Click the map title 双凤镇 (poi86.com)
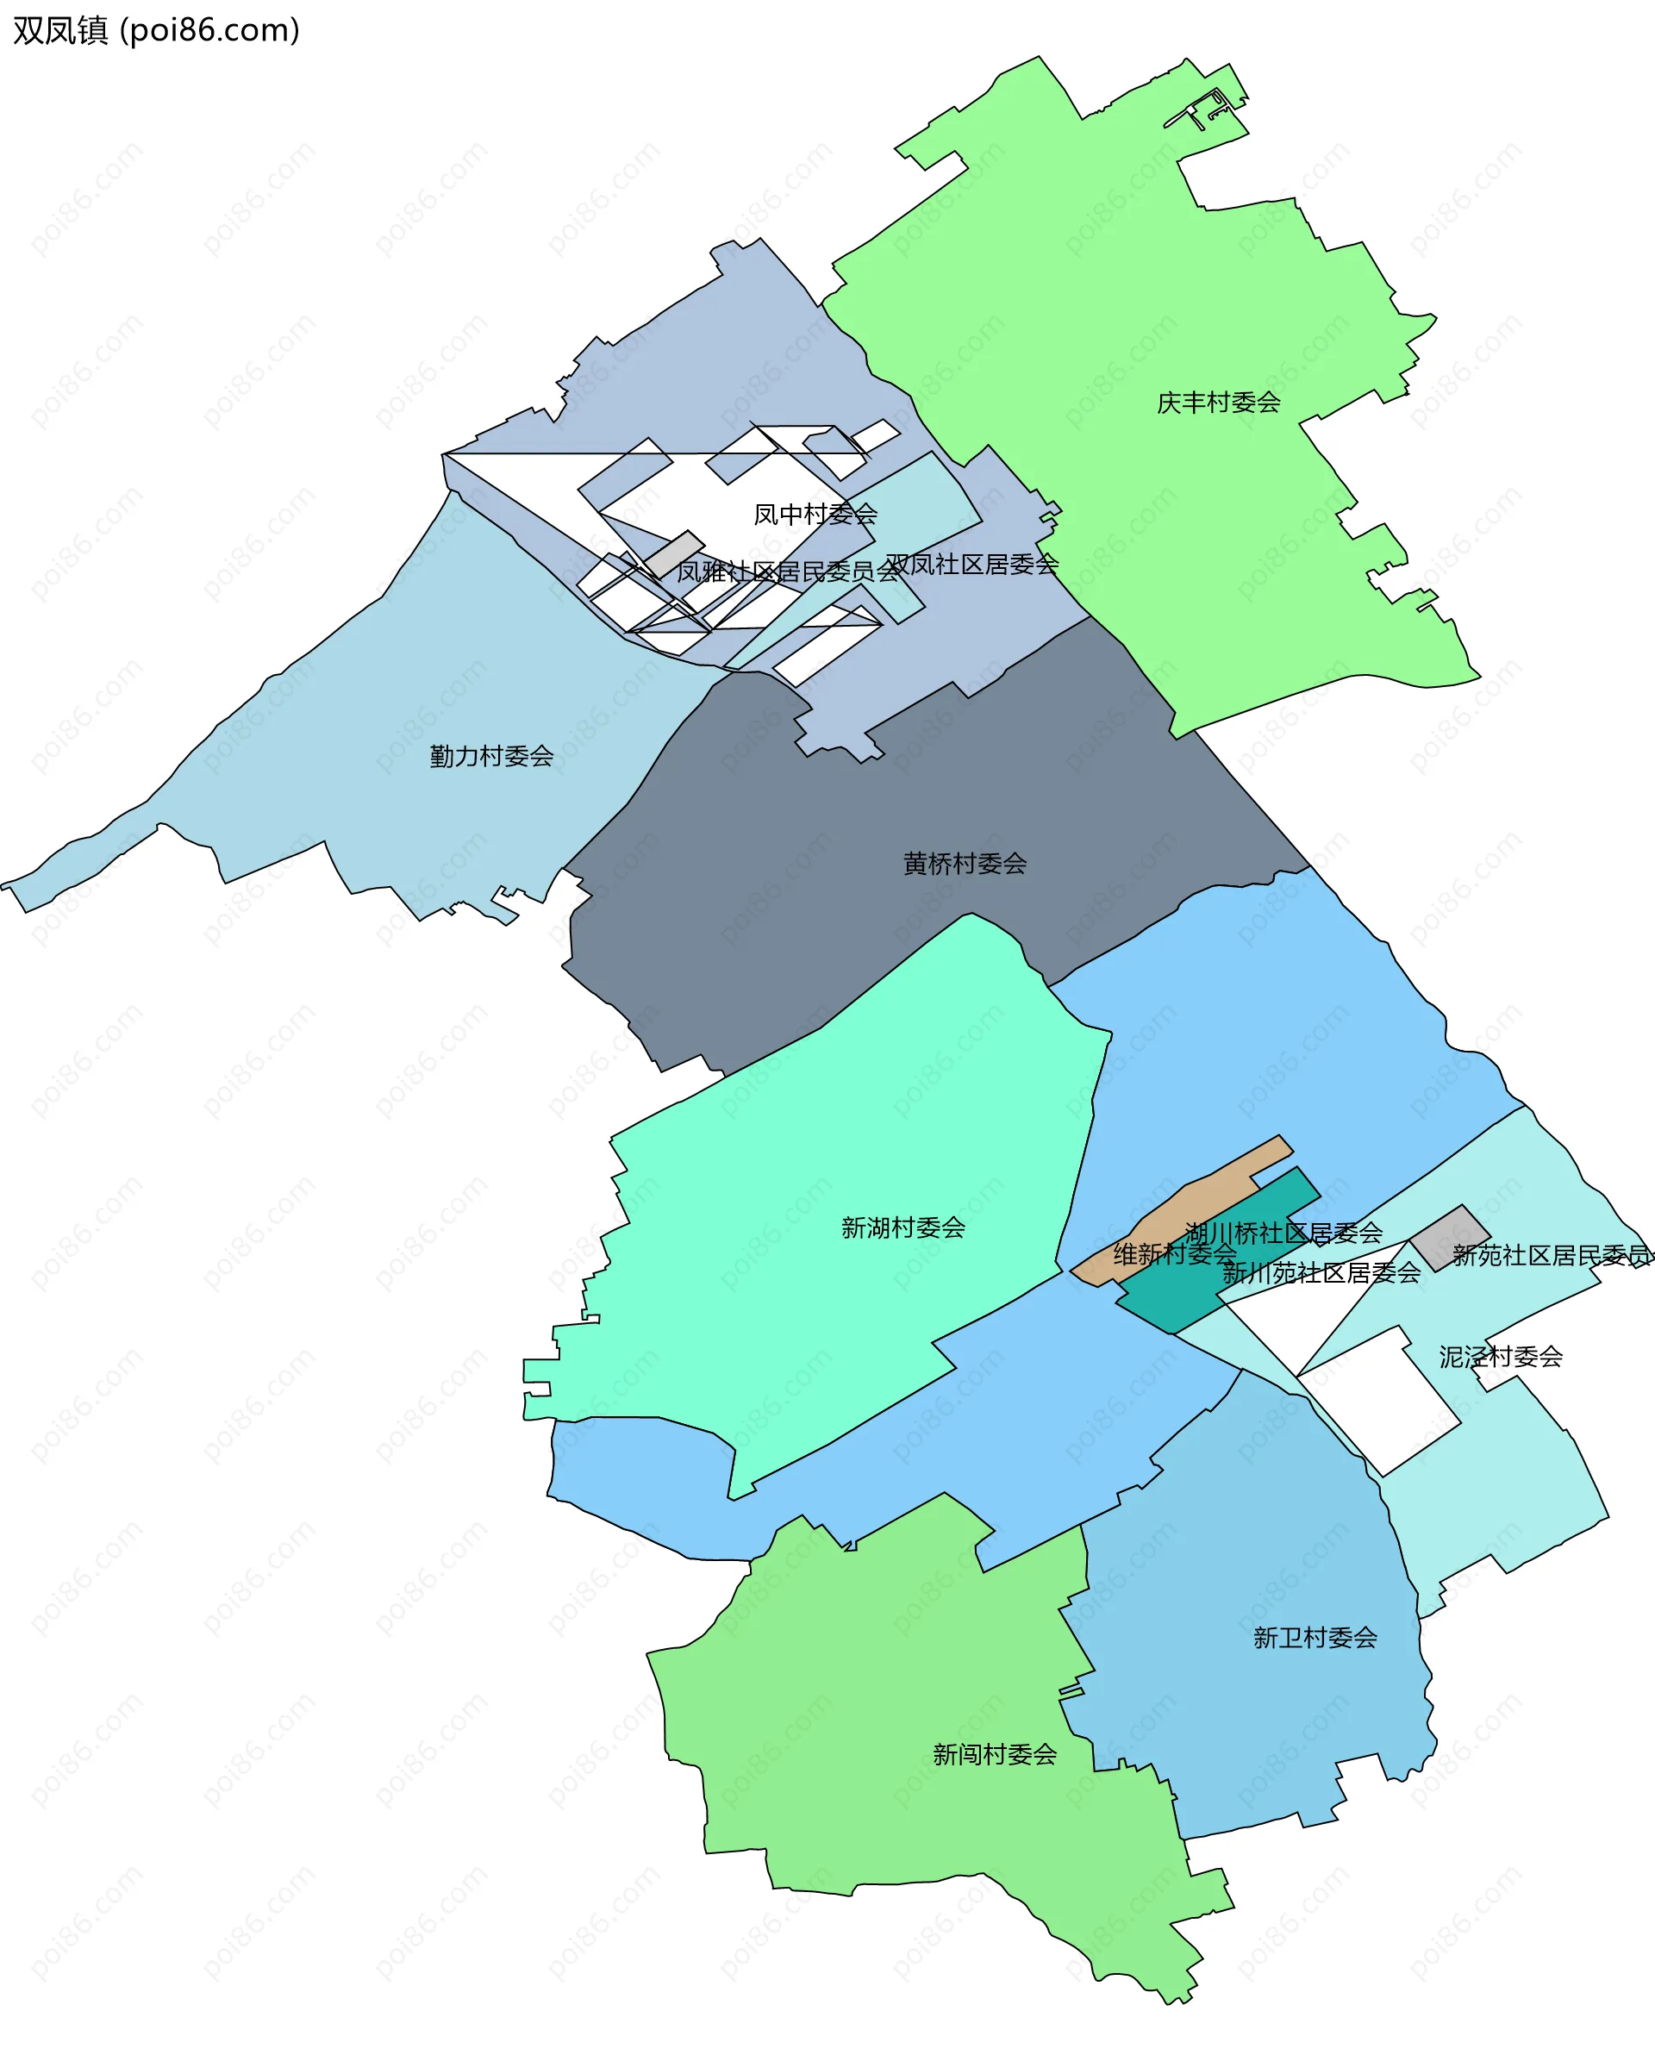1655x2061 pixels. click(x=156, y=30)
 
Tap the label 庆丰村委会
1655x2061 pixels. click(x=1218, y=403)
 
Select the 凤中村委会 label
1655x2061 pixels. click(x=815, y=515)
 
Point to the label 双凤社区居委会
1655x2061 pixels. click(x=971, y=564)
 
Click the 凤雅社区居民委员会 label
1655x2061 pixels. click(x=788, y=571)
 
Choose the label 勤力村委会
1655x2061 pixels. click(x=491, y=756)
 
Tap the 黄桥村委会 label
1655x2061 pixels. click(x=965, y=863)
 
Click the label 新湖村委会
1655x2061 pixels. click(x=902, y=1227)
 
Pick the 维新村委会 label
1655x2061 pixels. click(x=1175, y=1253)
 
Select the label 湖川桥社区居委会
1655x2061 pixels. click(x=1283, y=1233)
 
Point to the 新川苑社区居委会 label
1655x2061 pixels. click(x=1321, y=1272)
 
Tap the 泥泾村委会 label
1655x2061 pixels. click(x=1500, y=1357)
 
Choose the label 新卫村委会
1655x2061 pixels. click(x=1315, y=1638)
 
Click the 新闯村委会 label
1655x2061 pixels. click(x=995, y=1754)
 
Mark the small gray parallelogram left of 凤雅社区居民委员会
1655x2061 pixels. click(x=673, y=554)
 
